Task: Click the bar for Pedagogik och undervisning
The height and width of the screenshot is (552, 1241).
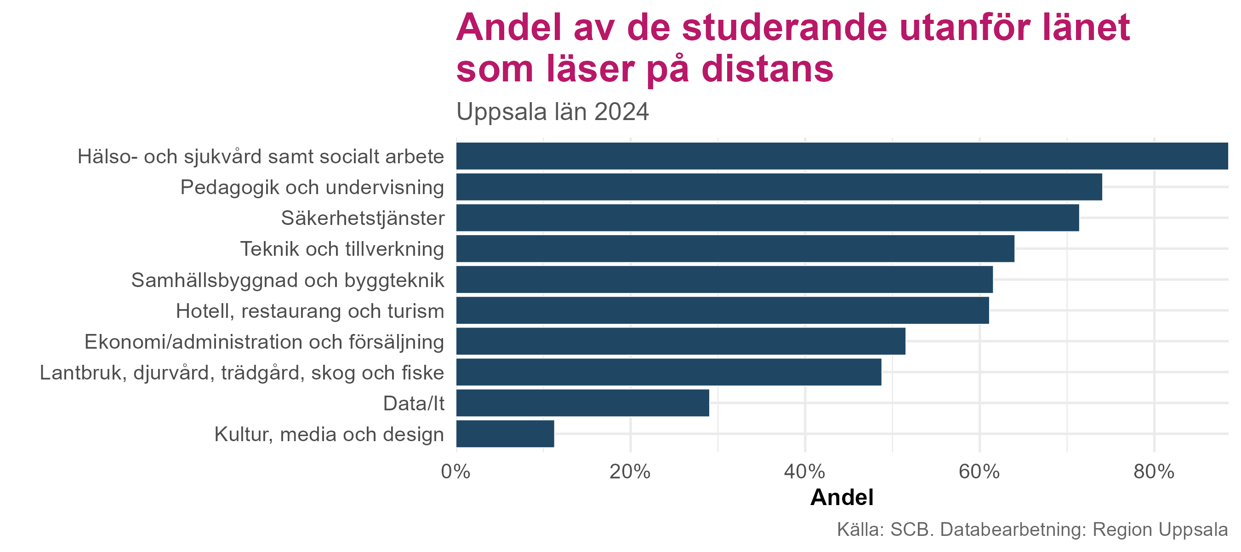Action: [x=779, y=187]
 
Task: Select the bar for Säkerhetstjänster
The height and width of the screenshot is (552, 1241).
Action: [x=767, y=218]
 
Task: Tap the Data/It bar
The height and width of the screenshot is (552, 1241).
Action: [x=582, y=403]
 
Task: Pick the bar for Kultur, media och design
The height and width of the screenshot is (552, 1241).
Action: [x=505, y=434]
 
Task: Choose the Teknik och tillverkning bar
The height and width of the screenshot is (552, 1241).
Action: [x=734, y=249]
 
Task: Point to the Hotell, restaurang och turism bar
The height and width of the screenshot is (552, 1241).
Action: [x=722, y=310]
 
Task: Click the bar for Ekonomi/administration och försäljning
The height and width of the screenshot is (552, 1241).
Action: [x=680, y=341]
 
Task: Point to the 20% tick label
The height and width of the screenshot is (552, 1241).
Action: [x=630, y=471]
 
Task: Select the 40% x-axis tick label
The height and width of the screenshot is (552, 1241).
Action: [x=804, y=471]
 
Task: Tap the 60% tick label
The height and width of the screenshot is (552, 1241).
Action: [x=979, y=471]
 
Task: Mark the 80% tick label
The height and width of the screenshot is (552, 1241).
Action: [x=1154, y=471]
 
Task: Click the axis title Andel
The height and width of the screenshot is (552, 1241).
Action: [x=842, y=498]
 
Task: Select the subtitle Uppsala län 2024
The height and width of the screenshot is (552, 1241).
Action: [x=552, y=112]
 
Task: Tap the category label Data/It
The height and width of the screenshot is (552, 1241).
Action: [x=413, y=403]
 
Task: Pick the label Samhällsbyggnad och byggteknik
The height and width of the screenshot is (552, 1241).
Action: [x=288, y=280]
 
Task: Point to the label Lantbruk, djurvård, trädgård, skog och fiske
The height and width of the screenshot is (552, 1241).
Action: [x=242, y=373]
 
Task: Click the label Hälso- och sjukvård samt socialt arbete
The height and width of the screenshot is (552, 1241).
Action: [x=261, y=157]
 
